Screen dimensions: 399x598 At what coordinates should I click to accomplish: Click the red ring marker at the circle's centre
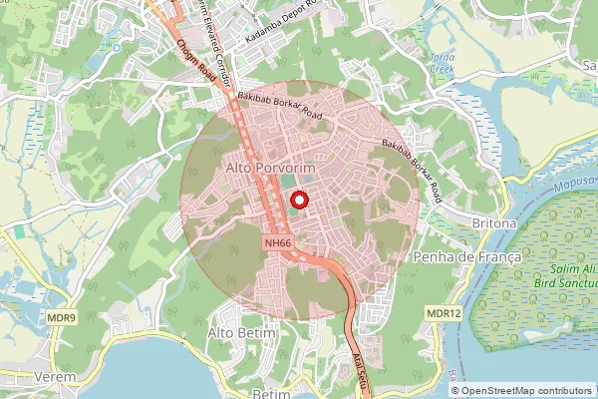[299, 199]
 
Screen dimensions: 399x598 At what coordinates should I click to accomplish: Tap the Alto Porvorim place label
[270, 170]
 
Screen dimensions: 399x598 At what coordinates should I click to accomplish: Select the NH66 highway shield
[278, 242]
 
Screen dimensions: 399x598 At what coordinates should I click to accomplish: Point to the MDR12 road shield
[445, 314]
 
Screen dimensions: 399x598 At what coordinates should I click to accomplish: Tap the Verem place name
[55, 378]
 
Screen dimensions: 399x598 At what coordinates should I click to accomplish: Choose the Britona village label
[494, 223]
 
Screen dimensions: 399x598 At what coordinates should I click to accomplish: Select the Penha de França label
[467, 257]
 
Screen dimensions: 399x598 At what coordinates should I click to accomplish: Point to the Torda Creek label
[442, 64]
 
